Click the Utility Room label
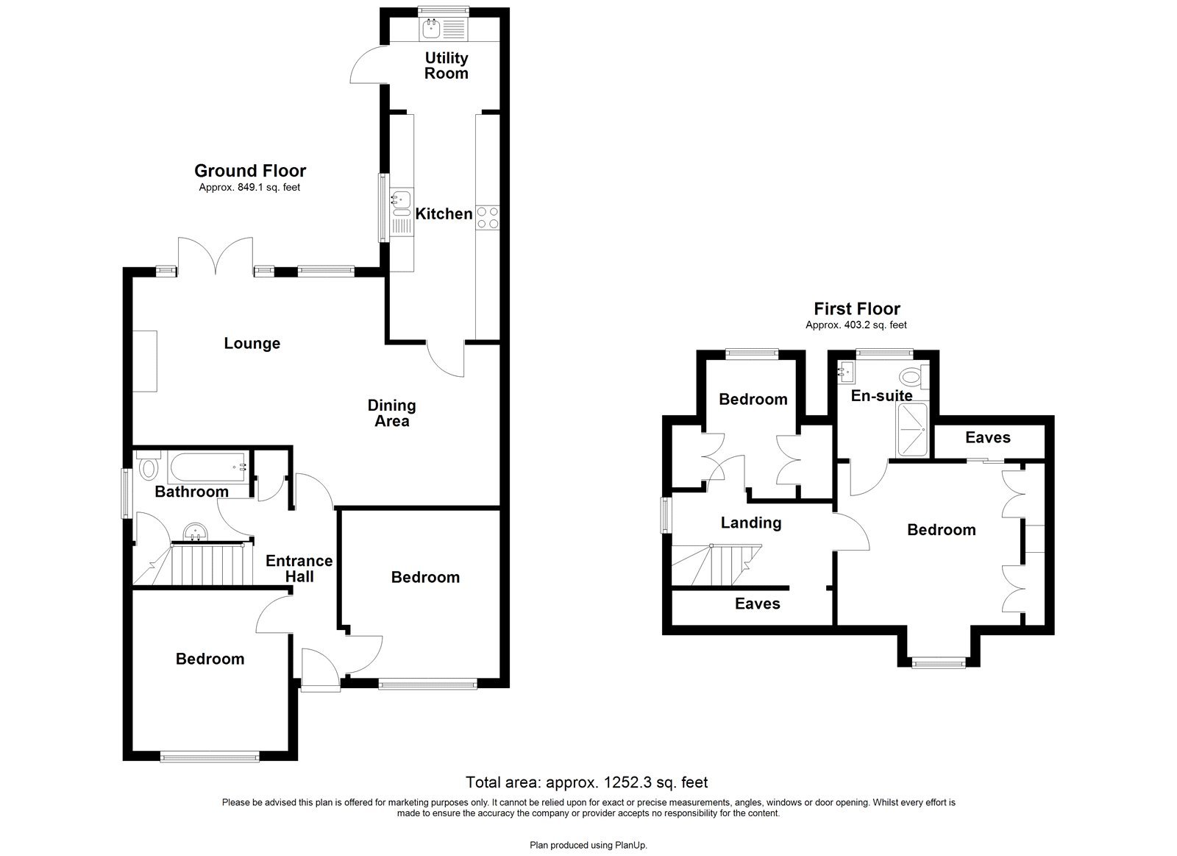(446, 66)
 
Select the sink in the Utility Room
(430, 29)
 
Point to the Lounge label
(252, 343)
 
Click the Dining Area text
(391, 413)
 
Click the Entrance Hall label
(299, 568)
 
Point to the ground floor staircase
(207, 565)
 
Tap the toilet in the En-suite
(913, 378)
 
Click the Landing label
(750, 523)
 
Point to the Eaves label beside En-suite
(987, 437)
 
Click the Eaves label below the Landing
(757, 604)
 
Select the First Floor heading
(856, 309)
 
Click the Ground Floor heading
(250, 171)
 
